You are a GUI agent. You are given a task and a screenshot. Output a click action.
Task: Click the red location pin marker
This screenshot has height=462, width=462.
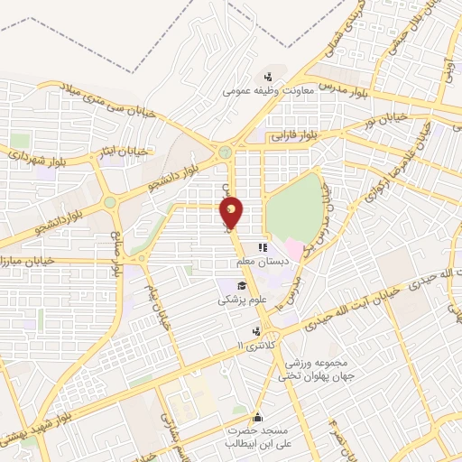232,214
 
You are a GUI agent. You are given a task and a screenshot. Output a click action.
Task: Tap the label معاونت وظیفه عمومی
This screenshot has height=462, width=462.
267,91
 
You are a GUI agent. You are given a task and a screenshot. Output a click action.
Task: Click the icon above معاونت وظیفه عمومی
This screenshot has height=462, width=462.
267,77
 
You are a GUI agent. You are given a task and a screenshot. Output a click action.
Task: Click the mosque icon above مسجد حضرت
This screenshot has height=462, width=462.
258,417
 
